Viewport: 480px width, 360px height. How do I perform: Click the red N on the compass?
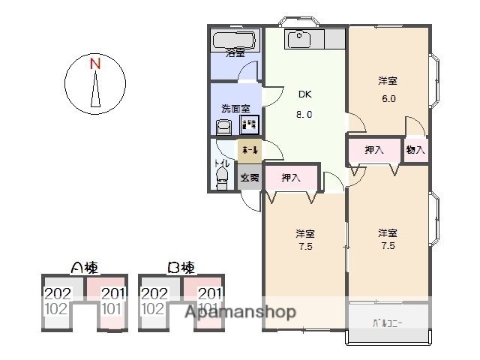[95, 64]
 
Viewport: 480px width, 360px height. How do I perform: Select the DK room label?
[304, 94]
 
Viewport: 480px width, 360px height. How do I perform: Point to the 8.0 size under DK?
[304, 115]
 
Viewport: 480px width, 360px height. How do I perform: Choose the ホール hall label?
[250, 151]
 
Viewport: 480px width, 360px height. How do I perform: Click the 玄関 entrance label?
[250, 178]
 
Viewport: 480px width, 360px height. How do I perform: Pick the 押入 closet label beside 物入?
[374, 150]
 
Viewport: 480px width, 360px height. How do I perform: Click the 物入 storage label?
[415, 150]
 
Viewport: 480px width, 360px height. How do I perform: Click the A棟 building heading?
[83, 268]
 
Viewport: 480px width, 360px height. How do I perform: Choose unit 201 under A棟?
[112, 294]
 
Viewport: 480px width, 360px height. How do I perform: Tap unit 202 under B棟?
[154, 294]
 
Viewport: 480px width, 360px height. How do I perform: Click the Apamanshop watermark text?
[240, 312]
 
